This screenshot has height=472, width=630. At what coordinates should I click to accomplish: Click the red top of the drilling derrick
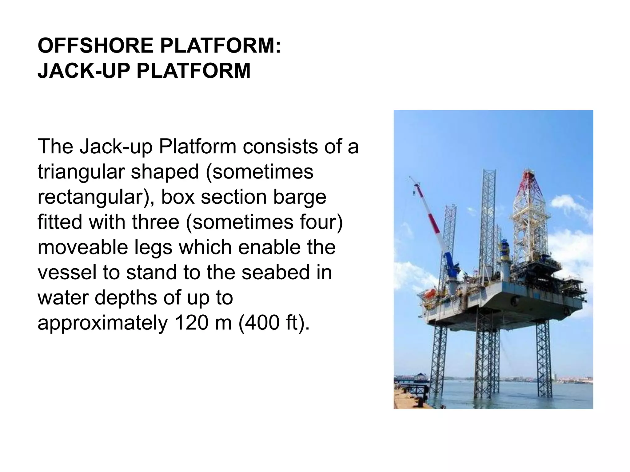[529, 184]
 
